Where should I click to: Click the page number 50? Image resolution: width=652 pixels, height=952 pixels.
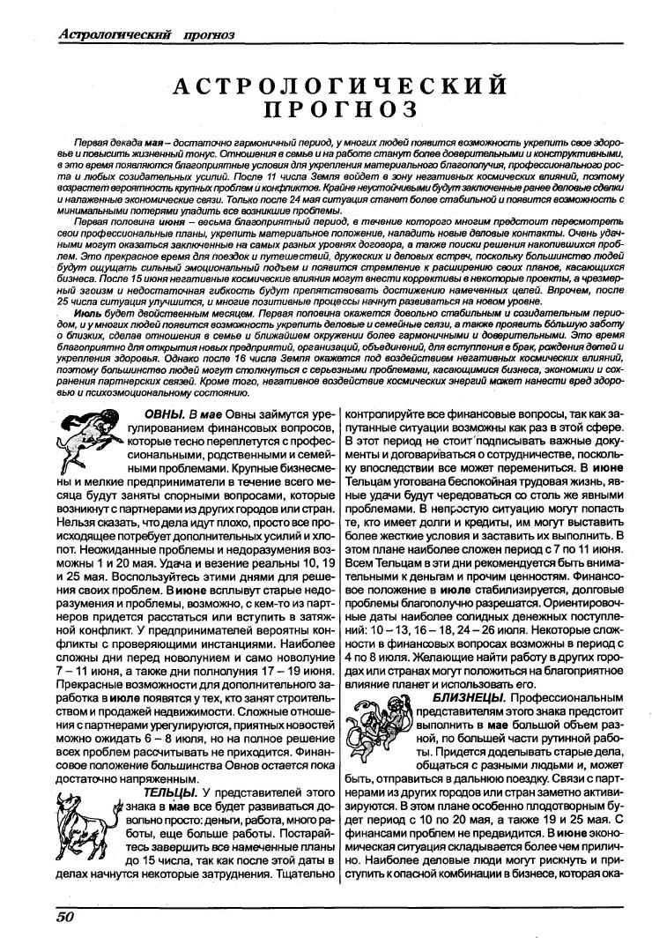click(x=66, y=917)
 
